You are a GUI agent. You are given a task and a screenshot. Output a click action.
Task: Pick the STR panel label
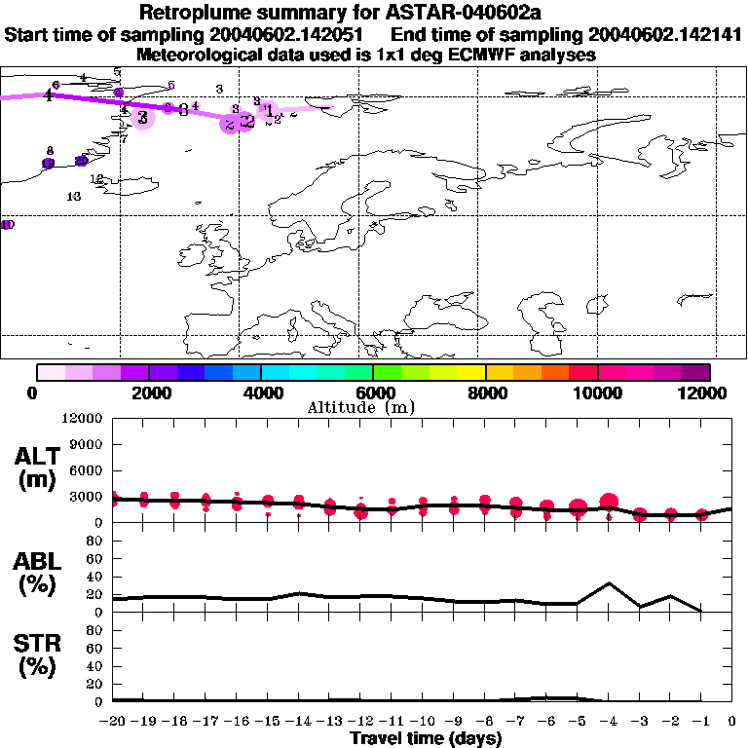(40, 656)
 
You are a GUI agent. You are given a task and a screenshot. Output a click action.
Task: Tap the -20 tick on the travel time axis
(113, 721)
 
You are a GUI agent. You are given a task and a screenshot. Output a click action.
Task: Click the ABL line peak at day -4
(609, 583)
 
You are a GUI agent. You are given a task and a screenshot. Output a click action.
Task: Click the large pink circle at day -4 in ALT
(609, 503)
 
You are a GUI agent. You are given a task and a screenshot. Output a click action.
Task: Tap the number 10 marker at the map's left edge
(7, 225)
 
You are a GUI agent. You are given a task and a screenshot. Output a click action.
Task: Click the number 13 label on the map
(74, 197)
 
